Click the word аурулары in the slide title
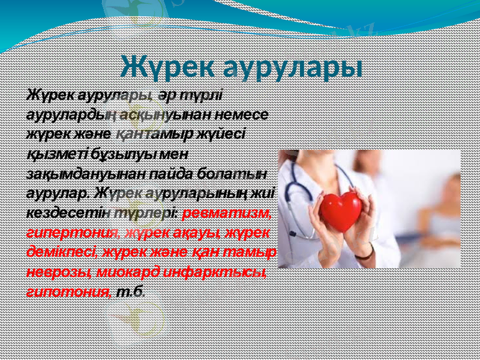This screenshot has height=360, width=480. tap(292, 67)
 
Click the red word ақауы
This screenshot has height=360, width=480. tap(184, 232)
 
